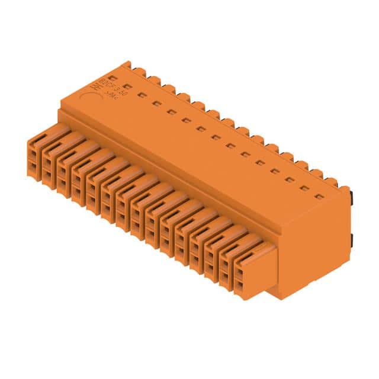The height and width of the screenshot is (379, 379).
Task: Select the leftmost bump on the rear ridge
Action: coord(141,73)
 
